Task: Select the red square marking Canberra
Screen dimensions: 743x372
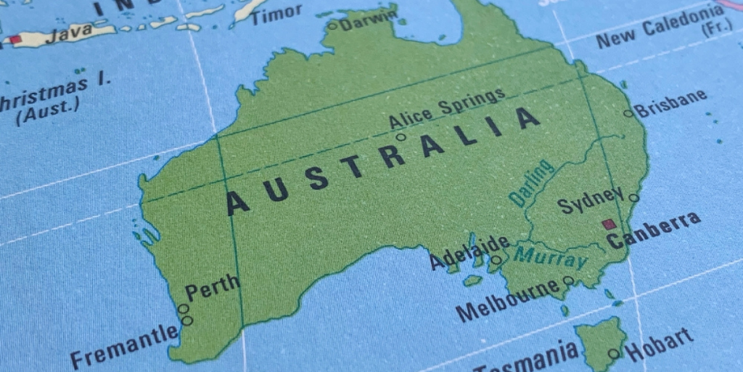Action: [x=608, y=225]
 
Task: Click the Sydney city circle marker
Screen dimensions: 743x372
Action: [x=633, y=198]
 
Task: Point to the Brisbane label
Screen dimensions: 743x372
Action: [x=670, y=104]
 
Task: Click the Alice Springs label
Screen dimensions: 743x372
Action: [x=447, y=108]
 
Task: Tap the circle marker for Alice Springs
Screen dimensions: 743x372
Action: [x=401, y=137]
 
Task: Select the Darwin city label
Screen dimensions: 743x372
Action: [x=369, y=20]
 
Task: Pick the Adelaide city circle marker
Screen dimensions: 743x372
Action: [x=496, y=259]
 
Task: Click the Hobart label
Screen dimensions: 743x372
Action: [x=658, y=344]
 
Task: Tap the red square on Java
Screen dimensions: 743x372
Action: [x=15, y=39]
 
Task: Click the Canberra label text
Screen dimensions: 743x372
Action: [x=654, y=230]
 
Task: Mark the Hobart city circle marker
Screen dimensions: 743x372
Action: [x=614, y=354]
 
